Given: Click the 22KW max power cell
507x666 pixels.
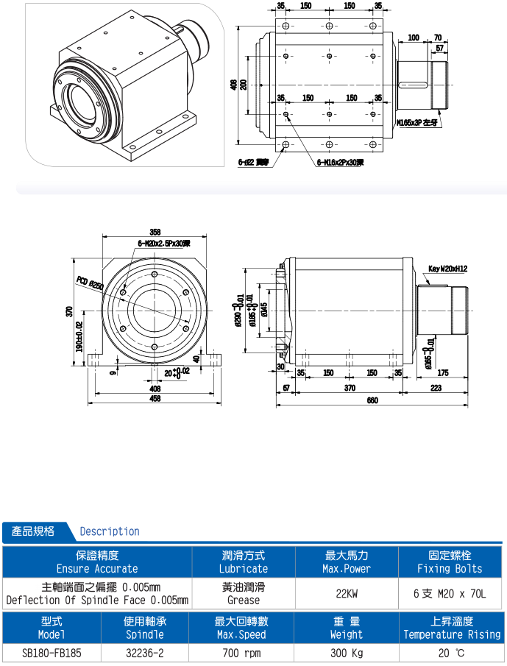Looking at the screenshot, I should pyautogui.click(x=346, y=593).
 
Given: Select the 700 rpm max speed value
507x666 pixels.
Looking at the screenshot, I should pyautogui.click(x=243, y=653).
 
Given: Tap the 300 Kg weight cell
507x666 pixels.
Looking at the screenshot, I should pyautogui.click(x=346, y=653).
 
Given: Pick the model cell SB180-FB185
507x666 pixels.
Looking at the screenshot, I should pyautogui.click(x=51, y=653).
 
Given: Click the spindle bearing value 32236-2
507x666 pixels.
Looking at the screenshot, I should pyautogui.click(x=144, y=653).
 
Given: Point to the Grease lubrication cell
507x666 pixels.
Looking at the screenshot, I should pyautogui.click(x=243, y=600).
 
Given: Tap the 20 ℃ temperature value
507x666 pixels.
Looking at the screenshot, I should pyautogui.click(x=449, y=653).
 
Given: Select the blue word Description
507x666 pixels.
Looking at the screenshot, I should pyautogui.click(x=109, y=531).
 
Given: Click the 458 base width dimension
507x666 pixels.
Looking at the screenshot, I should pyautogui.click(x=155, y=399).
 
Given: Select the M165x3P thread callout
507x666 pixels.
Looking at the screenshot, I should pyautogui.click(x=417, y=123).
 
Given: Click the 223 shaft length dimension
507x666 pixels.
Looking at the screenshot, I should pyautogui.click(x=436, y=388).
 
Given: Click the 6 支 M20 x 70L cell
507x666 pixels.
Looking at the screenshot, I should pyautogui.click(x=449, y=593).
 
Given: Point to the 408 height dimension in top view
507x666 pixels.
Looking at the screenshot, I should pyautogui.click(x=235, y=85).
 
